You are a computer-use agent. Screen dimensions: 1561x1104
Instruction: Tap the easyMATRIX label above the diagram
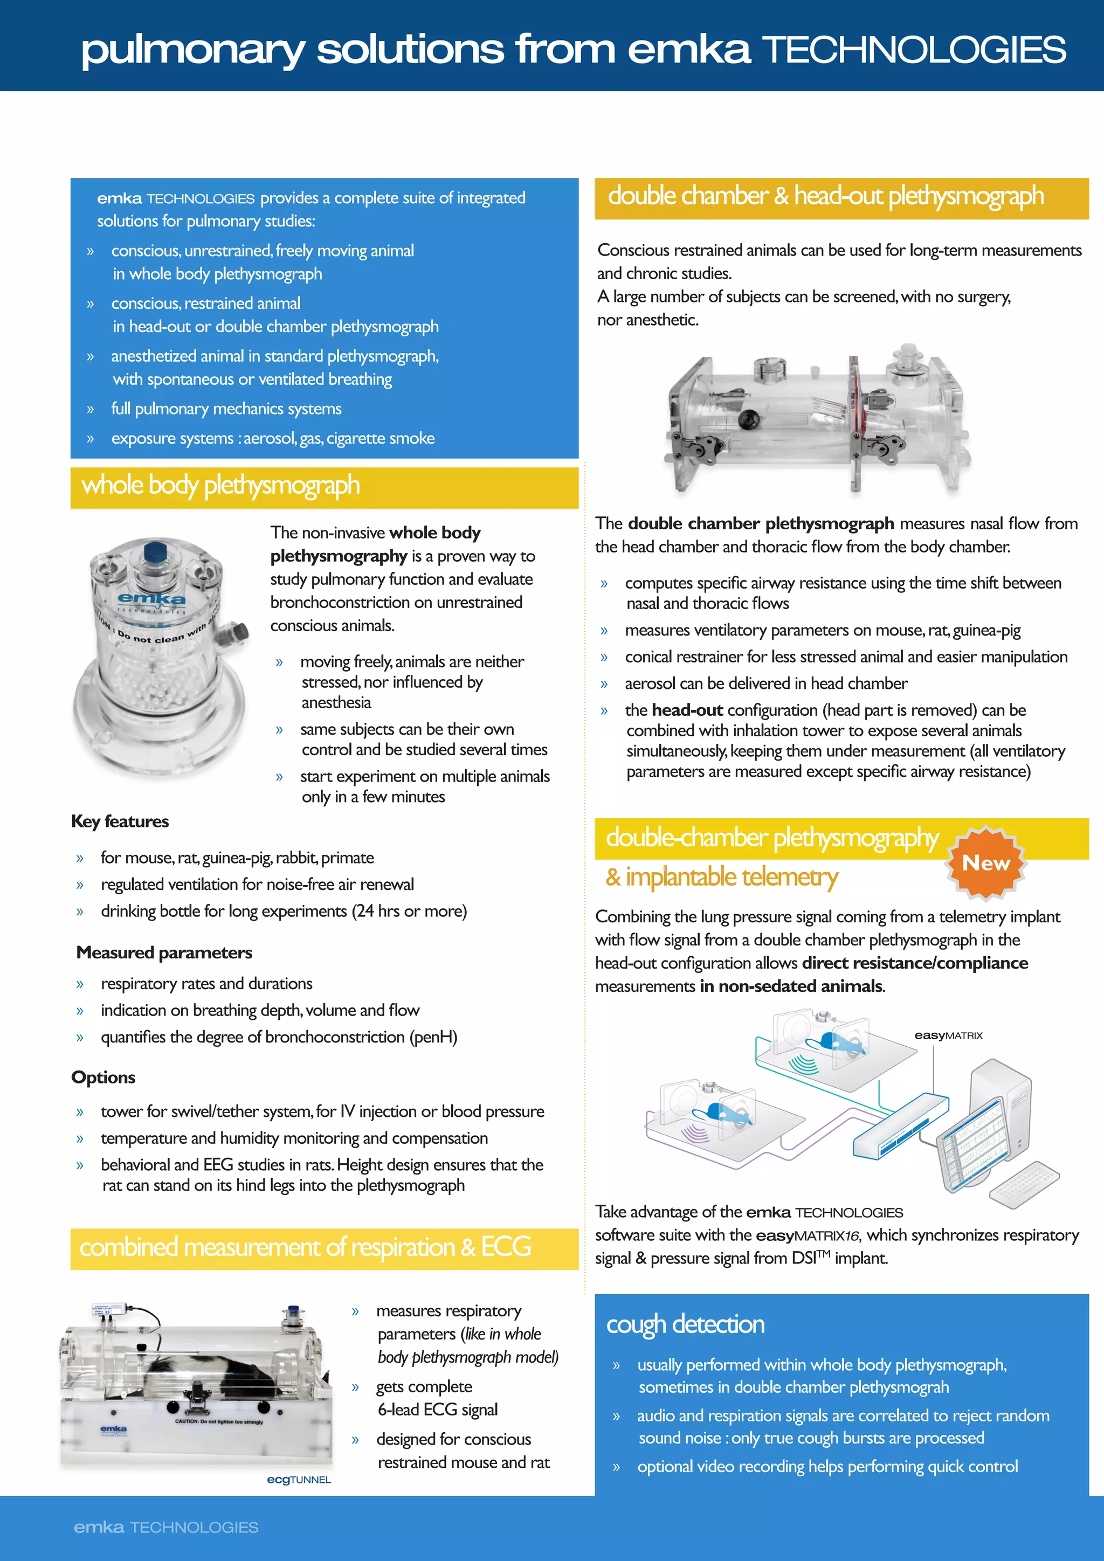tap(948, 1035)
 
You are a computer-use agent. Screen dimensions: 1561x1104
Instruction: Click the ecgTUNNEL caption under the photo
tap(299, 1480)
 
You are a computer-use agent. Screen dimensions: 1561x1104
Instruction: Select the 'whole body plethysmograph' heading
tap(221, 486)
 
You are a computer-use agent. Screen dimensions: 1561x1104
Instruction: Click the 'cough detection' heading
tap(685, 1324)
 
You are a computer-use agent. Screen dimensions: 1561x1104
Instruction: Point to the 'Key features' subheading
tap(120, 821)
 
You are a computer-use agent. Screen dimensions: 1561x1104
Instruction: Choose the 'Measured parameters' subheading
tap(164, 952)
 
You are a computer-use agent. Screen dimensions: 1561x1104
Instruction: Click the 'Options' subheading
tap(103, 1077)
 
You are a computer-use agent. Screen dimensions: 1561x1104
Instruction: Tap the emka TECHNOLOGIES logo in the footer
tap(166, 1527)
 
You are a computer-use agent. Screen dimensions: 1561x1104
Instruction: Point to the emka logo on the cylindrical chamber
tap(151, 599)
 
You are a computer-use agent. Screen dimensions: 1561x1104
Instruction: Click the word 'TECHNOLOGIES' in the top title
tap(914, 50)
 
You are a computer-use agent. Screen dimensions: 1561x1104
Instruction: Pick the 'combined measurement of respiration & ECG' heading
tap(305, 1247)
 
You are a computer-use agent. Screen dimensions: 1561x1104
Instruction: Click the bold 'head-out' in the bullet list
tap(687, 710)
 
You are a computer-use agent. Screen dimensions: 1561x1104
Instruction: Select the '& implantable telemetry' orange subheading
tap(721, 877)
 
